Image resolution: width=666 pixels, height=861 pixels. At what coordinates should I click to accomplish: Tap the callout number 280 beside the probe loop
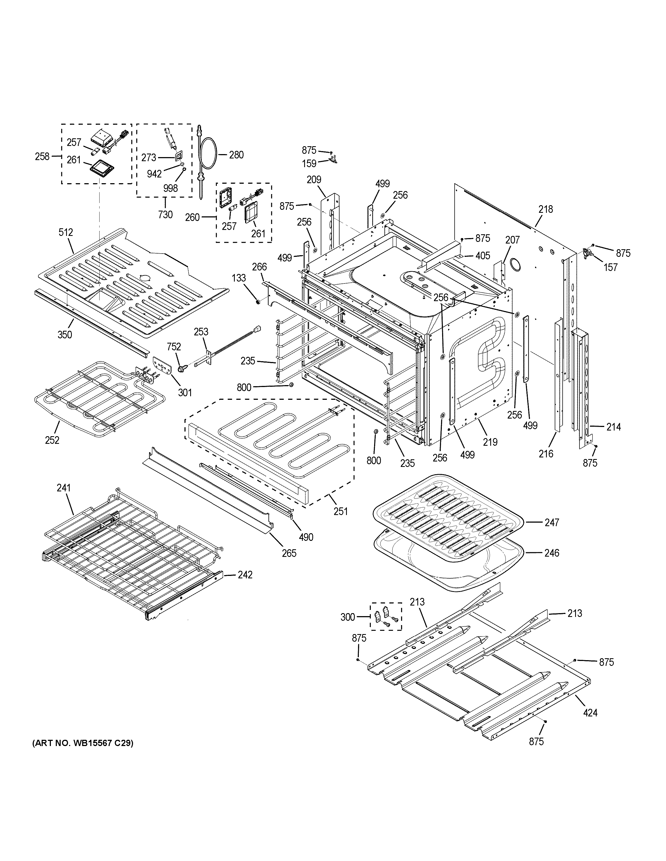pos(236,155)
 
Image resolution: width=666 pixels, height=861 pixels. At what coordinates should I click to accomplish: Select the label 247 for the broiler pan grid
pos(551,522)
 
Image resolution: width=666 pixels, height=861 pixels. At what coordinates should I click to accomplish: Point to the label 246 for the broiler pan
pos(551,553)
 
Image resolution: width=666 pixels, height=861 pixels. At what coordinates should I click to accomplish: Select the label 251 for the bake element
pos(341,511)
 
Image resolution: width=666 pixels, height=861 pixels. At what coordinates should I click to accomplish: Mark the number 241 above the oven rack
pos(63,488)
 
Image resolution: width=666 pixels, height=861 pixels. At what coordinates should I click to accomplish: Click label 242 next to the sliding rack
pos(245,575)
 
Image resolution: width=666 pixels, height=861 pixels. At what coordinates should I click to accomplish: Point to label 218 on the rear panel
pos(546,209)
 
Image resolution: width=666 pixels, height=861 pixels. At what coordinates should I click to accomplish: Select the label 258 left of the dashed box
pos(42,157)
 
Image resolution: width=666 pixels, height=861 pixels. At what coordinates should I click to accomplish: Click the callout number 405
pos(483,256)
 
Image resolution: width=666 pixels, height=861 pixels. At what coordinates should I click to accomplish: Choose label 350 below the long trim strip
pos(65,335)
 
